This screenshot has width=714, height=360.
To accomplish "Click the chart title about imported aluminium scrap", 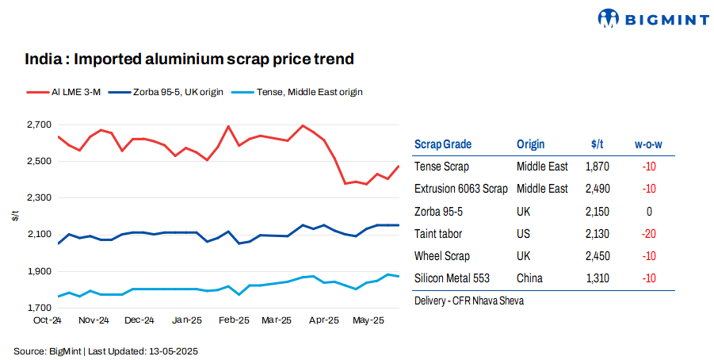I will click(x=189, y=59).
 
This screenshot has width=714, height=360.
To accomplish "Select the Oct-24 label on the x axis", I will click(x=49, y=320).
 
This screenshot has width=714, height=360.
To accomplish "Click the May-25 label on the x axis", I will click(x=368, y=320).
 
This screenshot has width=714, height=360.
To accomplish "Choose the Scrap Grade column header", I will click(x=442, y=144).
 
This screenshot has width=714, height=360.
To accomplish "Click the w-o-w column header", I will click(x=648, y=144).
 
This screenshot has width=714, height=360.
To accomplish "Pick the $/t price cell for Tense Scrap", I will click(x=597, y=167).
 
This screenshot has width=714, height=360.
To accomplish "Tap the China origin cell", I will click(x=531, y=278).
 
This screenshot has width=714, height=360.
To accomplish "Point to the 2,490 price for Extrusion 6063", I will click(x=597, y=189).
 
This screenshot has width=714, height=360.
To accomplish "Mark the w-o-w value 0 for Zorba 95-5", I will click(x=649, y=212).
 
